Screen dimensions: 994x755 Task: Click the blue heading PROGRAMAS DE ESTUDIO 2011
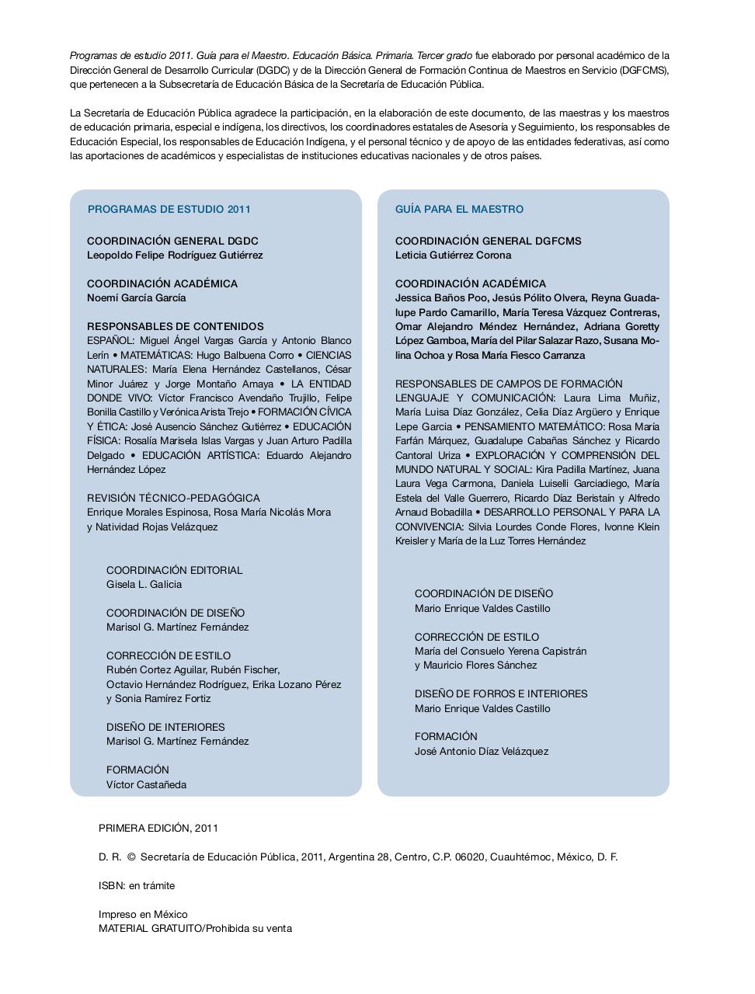(x=169, y=209)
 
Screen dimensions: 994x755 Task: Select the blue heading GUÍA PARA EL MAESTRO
(x=459, y=209)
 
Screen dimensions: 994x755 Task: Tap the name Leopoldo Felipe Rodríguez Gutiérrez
(x=175, y=255)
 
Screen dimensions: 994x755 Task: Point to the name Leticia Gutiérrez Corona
(x=453, y=255)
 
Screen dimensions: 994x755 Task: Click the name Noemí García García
(x=136, y=297)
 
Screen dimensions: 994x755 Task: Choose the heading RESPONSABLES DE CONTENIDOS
(x=175, y=326)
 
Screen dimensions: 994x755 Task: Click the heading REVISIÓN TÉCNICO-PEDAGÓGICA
(x=173, y=498)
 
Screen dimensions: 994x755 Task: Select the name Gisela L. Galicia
(x=144, y=584)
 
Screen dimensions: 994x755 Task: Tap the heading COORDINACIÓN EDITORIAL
(x=174, y=570)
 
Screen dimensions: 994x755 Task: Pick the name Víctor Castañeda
(x=146, y=784)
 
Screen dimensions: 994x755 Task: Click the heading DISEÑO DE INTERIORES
(x=165, y=727)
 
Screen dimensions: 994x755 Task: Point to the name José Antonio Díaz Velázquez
(x=481, y=751)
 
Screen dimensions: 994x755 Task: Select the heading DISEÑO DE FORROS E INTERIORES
(x=501, y=693)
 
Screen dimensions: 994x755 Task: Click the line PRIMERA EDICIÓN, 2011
(x=158, y=828)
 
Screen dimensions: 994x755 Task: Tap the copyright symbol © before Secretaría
(x=131, y=857)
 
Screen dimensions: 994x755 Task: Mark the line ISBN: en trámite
(x=137, y=885)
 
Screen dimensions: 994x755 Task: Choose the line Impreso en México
(x=143, y=914)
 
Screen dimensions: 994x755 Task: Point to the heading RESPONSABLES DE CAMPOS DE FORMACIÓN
(x=509, y=384)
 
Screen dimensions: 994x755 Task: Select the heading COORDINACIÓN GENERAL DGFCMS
(x=488, y=241)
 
